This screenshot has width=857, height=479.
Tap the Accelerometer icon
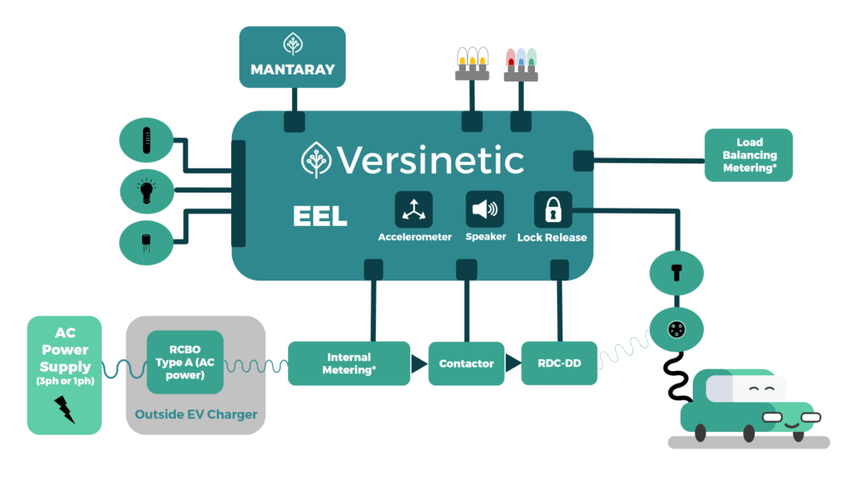pyautogui.click(x=413, y=209)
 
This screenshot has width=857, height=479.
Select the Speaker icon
pyautogui.click(x=485, y=209)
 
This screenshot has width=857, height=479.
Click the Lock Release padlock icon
pyautogui.click(x=552, y=209)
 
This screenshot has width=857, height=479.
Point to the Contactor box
pyautogui.click(x=466, y=363)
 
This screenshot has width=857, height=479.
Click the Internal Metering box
pyautogui.click(x=349, y=363)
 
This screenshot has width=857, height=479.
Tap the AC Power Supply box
pyautogui.click(x=64, y=374)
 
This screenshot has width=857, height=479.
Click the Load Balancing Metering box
pyautogui.click(x=748, y=156)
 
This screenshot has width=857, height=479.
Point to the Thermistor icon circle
pyautogui.click(x=148, y=140)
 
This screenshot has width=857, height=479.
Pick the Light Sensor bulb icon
pyautogui.click(x=148, y=190)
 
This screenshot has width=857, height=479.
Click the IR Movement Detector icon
pyautogui.click(x=148, y=242)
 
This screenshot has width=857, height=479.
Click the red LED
pyautogui.click(x=511, y=58)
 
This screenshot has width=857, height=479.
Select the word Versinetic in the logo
pyautogui.click(x=430, y=160)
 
